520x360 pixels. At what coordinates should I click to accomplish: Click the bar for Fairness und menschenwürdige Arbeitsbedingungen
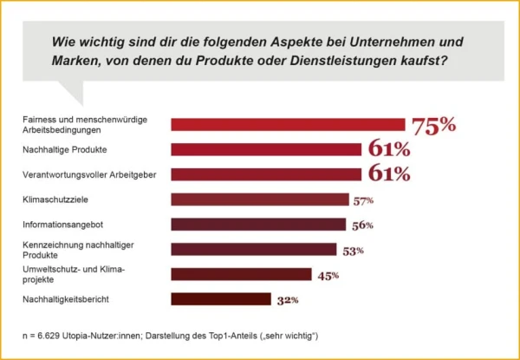click(x=288, y=124)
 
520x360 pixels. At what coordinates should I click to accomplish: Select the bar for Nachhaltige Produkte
click(x=266, y=149)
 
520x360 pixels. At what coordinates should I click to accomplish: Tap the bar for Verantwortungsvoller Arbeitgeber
click(x=266, y=174)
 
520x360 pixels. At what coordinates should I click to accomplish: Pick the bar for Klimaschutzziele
click(x=259, y=200)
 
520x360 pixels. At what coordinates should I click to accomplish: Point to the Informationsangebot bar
click(x=257, y=225)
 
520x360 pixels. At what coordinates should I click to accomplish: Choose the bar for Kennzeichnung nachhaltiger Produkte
click(x=253, y=250)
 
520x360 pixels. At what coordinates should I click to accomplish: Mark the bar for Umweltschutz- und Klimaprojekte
click(x=241, y=275)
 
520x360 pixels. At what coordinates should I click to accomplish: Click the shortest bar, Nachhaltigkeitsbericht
click(x=221, y=300)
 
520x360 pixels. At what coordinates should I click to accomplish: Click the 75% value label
click(x=433, y=125)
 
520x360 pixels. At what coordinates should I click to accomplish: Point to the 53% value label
click(x=353, y=251)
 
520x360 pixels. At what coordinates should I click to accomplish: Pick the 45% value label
click(x=328, y=276)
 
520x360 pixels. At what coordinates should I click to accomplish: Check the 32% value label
click(x=288, y=301)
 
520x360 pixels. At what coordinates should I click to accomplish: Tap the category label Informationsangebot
click(x=61, y=225)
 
